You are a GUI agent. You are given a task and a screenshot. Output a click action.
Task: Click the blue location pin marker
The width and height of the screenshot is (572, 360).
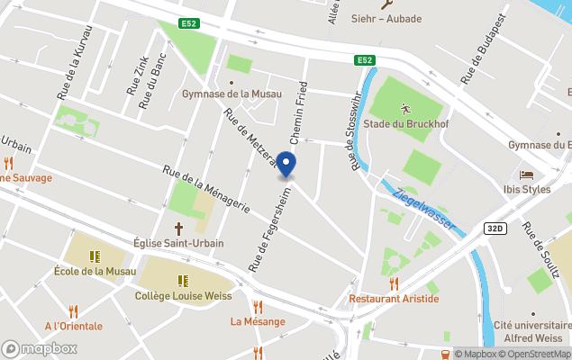(286, 165)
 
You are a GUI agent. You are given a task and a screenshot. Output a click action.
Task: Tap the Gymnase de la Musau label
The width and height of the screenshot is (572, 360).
(232, 94)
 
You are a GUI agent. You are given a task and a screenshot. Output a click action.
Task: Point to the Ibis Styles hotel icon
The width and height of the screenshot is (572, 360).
(527, 175)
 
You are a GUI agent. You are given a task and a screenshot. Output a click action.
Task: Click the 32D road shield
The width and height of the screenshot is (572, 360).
(494, 229)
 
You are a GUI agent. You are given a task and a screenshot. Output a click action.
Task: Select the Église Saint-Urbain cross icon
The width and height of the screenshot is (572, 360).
(178, 228)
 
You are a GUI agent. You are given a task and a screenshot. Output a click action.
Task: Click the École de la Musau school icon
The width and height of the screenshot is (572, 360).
(95, 256)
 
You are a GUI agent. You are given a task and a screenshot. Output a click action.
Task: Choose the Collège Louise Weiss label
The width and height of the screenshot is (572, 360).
(183, 295)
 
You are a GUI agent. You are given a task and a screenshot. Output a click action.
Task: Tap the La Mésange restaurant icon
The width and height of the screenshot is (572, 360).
(258, 307)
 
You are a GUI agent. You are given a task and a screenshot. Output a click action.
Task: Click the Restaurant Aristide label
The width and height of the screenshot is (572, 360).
(394, 298)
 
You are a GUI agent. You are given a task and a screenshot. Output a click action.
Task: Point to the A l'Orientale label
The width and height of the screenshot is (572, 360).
(74, 326)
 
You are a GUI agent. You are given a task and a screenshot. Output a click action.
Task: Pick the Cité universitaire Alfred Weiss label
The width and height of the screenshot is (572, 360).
(531, 332)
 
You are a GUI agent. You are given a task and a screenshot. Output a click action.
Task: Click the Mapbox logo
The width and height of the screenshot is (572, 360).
(39, 348)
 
